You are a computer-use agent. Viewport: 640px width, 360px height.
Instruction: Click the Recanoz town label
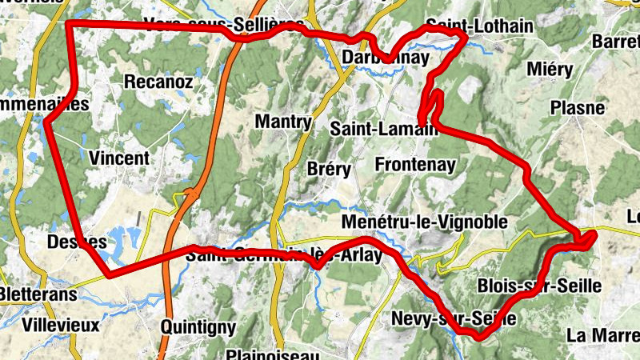158,82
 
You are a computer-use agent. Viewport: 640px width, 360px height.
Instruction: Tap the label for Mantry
282,122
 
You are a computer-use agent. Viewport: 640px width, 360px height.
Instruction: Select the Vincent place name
120,158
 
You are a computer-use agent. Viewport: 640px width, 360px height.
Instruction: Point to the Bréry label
329,169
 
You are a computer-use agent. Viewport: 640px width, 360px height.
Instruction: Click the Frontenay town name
415,165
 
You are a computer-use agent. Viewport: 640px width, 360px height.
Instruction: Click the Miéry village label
550,70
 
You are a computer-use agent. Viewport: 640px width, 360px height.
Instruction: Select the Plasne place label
578,107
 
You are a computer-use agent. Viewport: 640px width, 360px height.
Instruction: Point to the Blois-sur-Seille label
539,286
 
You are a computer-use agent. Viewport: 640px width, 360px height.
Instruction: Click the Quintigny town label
198,326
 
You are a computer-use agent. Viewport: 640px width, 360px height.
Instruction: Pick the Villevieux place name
61,325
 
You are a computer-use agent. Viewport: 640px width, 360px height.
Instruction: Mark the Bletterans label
38,294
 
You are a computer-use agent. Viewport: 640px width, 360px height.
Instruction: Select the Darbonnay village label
384,58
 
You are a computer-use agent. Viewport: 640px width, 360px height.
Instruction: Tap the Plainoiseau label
274,354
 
